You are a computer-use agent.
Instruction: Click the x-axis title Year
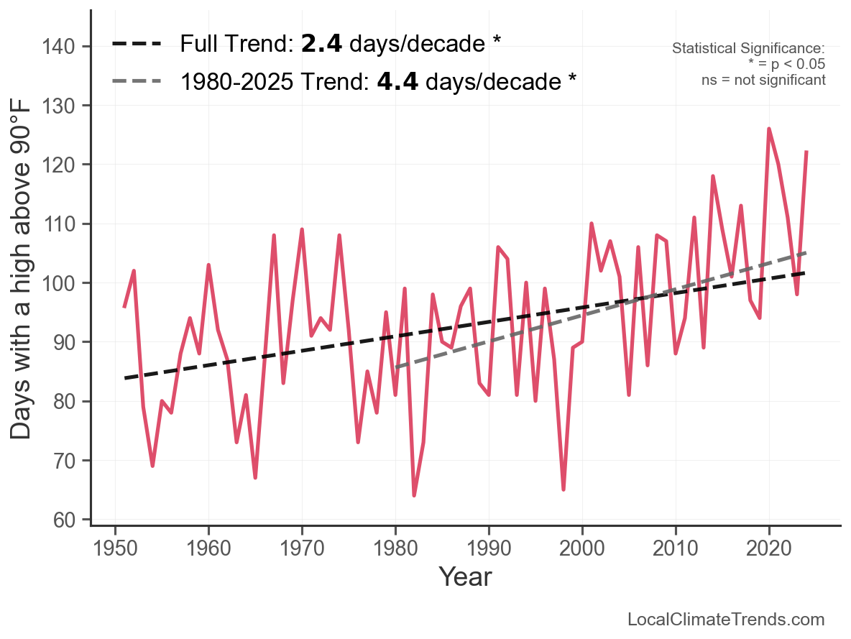(x=465, y=576)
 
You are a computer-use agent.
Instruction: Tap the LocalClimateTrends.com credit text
(x=726, y=620)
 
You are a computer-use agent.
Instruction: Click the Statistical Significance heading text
(x=748, y=48)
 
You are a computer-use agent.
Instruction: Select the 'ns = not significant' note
(x=763, y=80)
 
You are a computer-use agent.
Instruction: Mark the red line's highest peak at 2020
(x=769, y=129)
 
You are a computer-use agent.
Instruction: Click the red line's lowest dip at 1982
(x=414, y=495)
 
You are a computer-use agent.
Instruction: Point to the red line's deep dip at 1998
(x=563, y=489)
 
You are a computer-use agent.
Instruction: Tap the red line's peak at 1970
(x=302, y=230)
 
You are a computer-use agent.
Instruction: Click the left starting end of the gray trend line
(x=396, y=367)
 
